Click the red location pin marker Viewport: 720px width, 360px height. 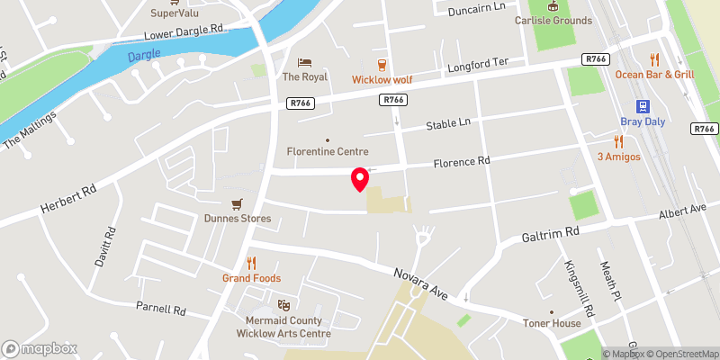point(359,178)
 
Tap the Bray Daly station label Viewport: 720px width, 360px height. point(643,121)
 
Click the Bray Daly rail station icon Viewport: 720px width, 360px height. point(643,105)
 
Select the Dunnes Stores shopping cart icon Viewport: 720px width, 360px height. point(237,203)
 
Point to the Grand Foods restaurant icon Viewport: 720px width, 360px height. point(252,263)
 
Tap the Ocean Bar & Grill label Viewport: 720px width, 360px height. point(654,75)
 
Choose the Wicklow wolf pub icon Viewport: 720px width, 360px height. point(382,64)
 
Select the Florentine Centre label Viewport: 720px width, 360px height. point(328,151)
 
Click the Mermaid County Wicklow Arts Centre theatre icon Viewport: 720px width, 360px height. point(283,305)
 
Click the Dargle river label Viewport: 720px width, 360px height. point(143,56)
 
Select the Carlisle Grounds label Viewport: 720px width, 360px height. point(553,21)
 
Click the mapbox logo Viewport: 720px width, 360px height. point(40,348)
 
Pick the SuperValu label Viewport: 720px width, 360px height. point(175,13)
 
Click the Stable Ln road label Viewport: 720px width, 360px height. point(448,123)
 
